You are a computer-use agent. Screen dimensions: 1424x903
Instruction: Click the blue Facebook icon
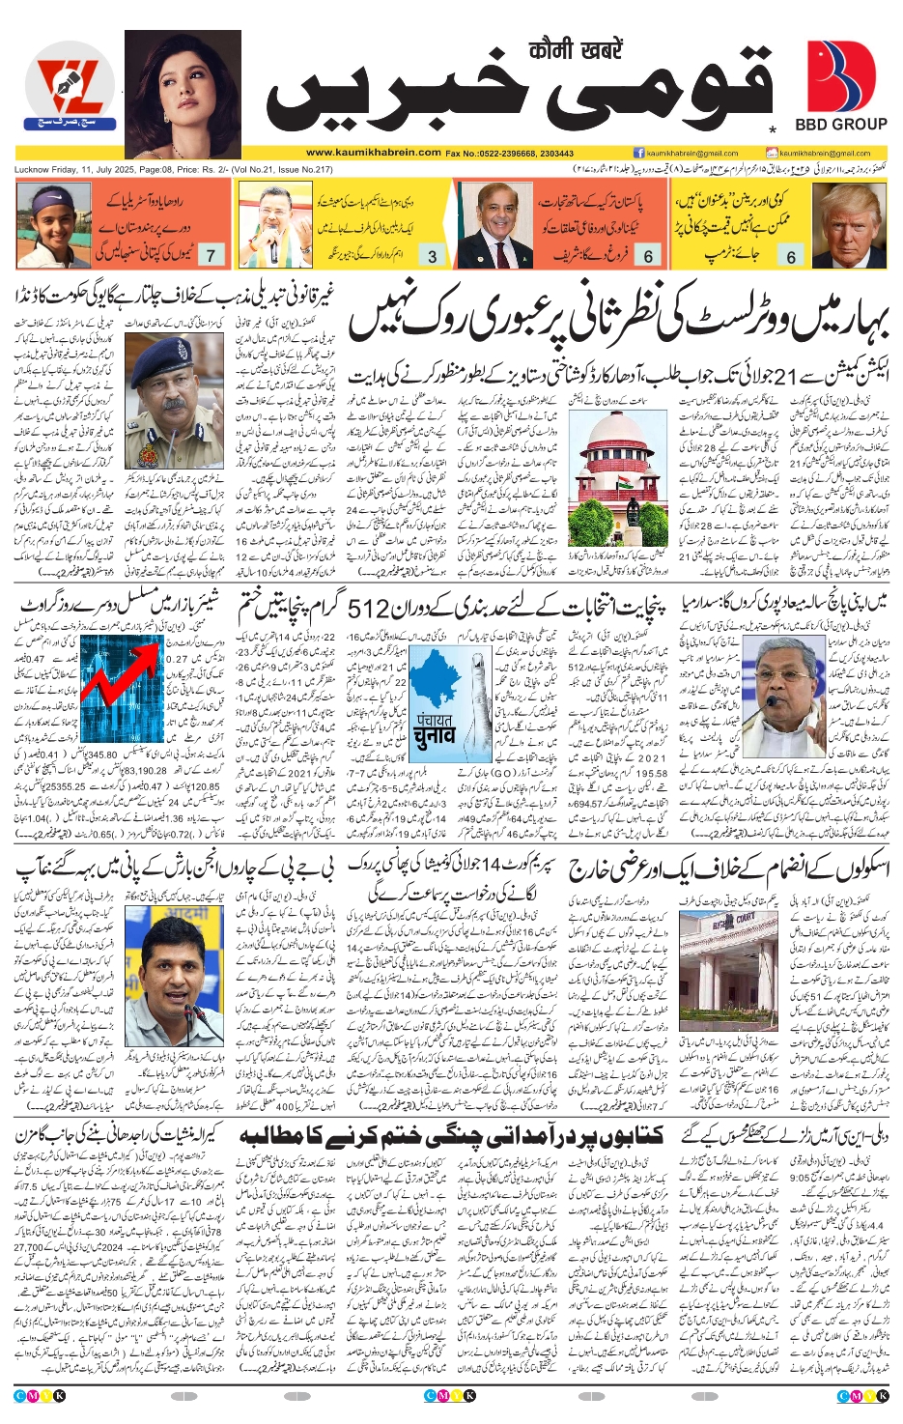(x=639, y=153)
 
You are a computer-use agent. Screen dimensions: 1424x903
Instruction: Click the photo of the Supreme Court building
(x=617, y=483)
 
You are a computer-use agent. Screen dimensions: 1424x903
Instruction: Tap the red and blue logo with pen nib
(x=70, y=91)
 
